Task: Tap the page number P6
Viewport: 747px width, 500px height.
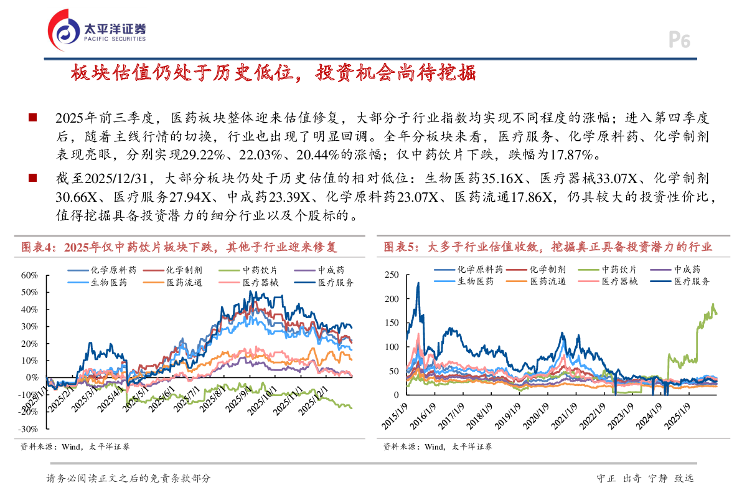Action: pos(679,41)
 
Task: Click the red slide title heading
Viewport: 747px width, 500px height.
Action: pos(273,73)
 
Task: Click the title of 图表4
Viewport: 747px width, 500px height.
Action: pos(179,247)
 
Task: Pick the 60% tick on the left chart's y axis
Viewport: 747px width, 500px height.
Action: pos(29,275)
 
